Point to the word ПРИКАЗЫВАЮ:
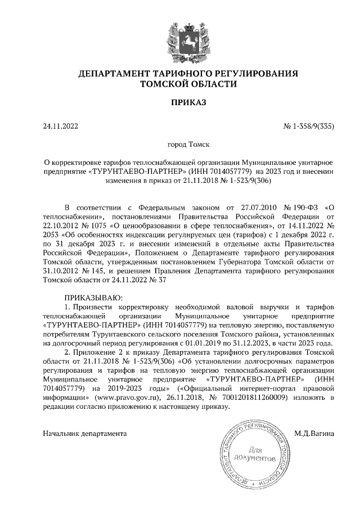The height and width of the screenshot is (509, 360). pyautogui.click(x=93, y=297)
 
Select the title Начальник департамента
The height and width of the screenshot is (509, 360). pyautogui.click(x=84, y=434)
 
